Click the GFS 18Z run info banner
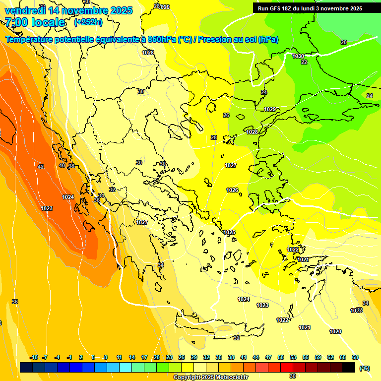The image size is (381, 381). coord(310,8)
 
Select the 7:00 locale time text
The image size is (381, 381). coord(35,22)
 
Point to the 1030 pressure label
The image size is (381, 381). coord(298,56)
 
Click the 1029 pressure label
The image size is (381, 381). coord(270,109)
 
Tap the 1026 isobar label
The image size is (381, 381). coord(232,190)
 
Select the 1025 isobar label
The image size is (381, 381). coord(229,232)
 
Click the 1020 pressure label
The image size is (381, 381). coord(335,331)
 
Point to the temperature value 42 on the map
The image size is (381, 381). coord(41,167)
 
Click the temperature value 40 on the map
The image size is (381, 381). coord(62,165)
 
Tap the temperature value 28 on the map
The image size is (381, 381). coord(214,137)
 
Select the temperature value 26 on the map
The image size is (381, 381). coord(226,115)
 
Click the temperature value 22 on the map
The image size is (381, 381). coord(304,62)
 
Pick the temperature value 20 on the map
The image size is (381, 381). coord(344,42)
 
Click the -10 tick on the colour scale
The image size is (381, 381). coord(34,357)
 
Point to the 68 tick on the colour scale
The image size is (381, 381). coord(355,357)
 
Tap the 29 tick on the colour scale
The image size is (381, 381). coord(194,357)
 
